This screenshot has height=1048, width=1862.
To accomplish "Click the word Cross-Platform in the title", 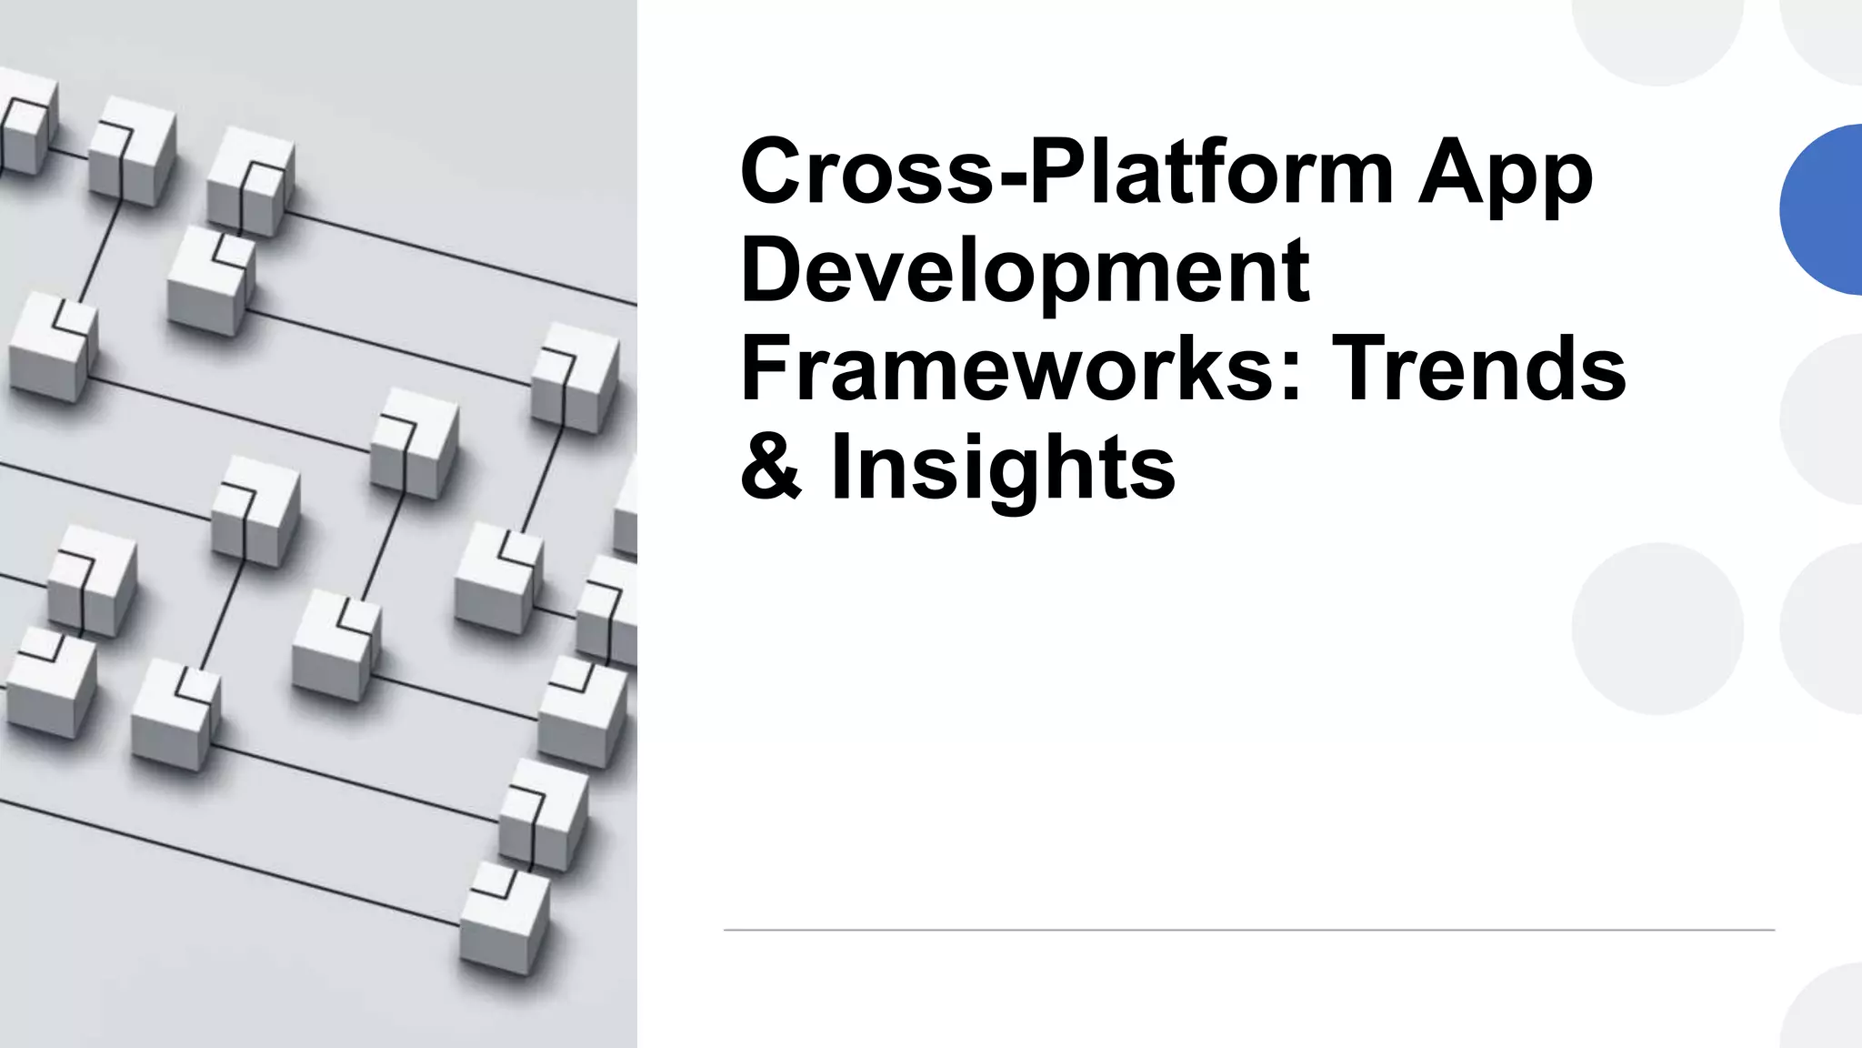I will point(1066,171).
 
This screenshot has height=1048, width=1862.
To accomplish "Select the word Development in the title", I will point(1025,270).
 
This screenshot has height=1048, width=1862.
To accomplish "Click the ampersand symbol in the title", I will point(771,467).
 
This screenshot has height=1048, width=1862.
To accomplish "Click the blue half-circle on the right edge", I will point(1823,209).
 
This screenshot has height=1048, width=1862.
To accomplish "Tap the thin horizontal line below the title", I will point(1248,930).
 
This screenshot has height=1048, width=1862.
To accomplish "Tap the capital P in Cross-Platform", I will point(1061,171).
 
